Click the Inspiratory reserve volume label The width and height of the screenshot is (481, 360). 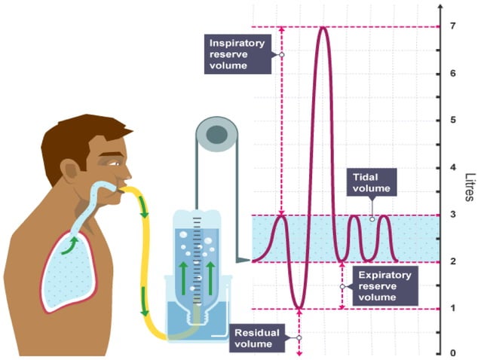click(237, 54)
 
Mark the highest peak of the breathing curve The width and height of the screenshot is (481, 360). click(323, 28)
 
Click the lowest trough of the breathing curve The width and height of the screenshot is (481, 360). click(299, 307)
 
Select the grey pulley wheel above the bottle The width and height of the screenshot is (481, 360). click(217, 135)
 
